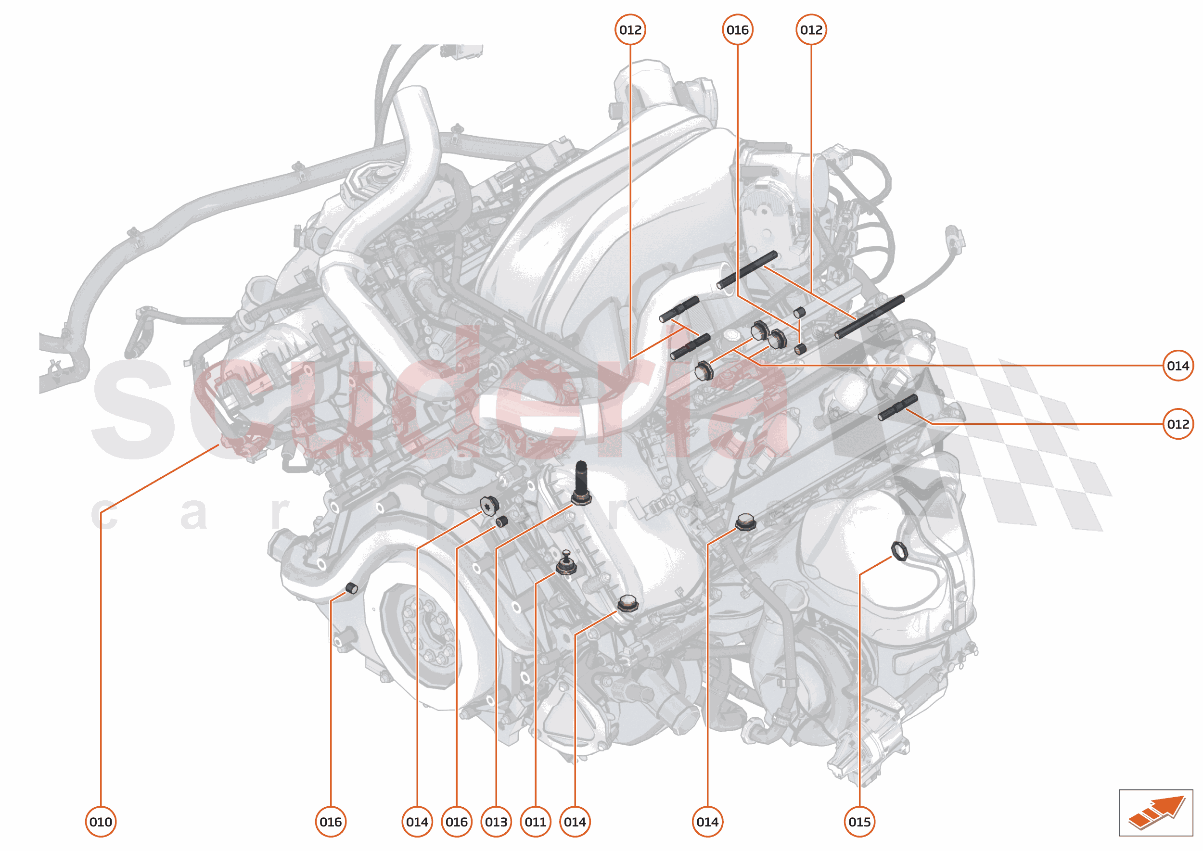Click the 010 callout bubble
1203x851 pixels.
click(x=101, y=822)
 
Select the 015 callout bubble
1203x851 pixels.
click(x=859, y=822)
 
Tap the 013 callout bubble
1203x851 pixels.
click(x=496, y=822)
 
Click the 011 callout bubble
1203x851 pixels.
click(x=535, y=822)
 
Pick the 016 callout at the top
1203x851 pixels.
click(x=738, y=30)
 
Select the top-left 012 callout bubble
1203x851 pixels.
click(x=630, y=30)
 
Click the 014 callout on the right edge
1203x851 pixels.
click(x=1178, y=366)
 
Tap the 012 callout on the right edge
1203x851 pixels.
click(x=1178, y=424)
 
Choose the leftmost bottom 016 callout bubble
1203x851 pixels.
click(x=330, y=822)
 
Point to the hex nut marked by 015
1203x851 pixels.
click(x=899, y=551)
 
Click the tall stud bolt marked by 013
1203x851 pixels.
click(x=581, y=482)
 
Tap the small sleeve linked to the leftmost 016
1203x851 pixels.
click(x=352, y=588)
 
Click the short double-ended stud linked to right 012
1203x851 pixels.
click(x=897, y=407)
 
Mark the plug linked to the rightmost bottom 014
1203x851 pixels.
click(x=745, y=522)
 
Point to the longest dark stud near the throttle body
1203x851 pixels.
click(x=869, y=317)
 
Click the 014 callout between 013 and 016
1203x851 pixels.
click(x=417, y=822)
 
